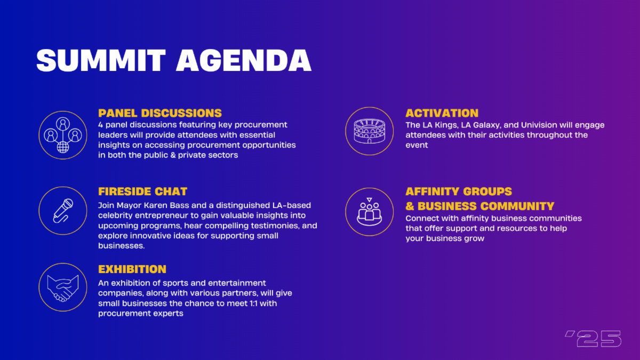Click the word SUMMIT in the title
(101, 60)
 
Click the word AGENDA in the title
(243, 60)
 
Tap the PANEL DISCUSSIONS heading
(160, 113)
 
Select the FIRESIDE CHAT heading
(142, 191)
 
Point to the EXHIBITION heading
(132, 269)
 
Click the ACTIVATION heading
(442, 113)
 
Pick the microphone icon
(63, 211)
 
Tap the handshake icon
(63, 288)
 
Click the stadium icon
(370, 131)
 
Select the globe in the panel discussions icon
(63, 147)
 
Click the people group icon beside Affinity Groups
(370, 212)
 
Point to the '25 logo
(593, 339)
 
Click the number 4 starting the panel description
(101, 125)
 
